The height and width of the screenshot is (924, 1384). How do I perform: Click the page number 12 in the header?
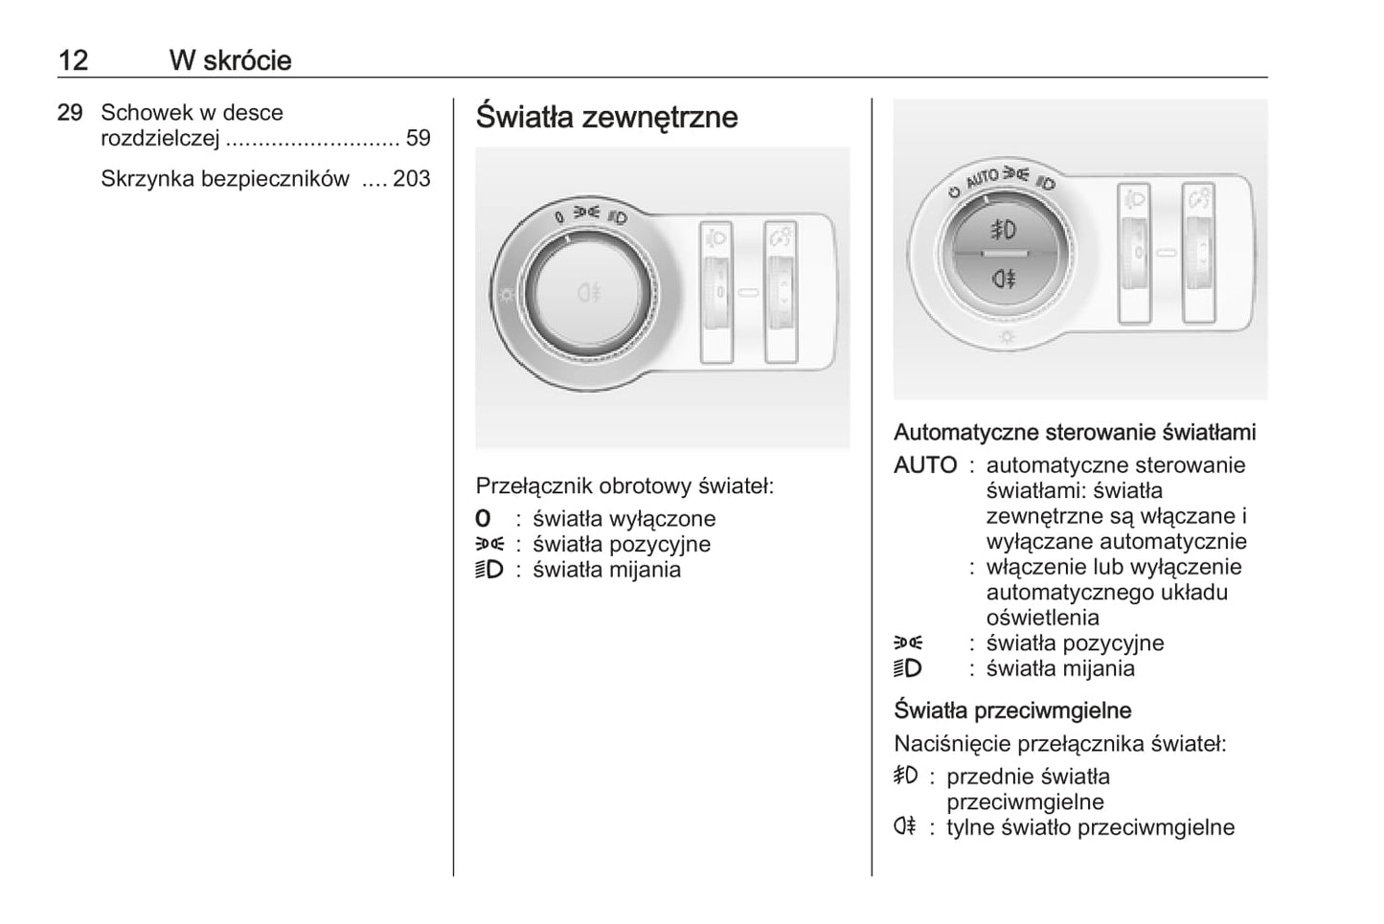point(73,60)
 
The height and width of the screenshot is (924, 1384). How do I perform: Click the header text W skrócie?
point(230,60)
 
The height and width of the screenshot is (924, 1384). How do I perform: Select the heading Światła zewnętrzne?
point(606,117)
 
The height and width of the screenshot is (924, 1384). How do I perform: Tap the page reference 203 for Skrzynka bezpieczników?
point(412,179)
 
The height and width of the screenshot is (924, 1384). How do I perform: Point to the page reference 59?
point(419,138)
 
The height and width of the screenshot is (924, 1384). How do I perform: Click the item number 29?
point(70,113)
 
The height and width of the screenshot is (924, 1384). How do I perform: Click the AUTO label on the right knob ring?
point(983,178)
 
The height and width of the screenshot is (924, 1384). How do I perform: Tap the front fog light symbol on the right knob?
point(1004,230)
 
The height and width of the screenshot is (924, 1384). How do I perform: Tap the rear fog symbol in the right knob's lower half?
point(1004,279)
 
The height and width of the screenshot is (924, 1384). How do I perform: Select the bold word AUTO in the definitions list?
point(925,465)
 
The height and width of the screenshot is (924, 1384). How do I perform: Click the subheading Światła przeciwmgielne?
point(1012,710)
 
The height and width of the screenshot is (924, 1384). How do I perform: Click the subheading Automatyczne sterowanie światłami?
point(1075,432)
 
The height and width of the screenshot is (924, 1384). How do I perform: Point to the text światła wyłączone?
point(624,519)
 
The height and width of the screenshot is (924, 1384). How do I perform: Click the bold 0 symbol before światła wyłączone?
point(484,519)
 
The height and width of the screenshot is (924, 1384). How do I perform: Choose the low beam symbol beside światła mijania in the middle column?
point(488,570)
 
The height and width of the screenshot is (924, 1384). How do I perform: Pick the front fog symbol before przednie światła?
point(905,776)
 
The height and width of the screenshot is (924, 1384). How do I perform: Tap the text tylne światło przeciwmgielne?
point(1090,827)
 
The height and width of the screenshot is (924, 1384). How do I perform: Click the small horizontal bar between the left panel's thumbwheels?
point(748,291)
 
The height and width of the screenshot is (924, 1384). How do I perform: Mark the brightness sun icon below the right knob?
point(1007,337)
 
